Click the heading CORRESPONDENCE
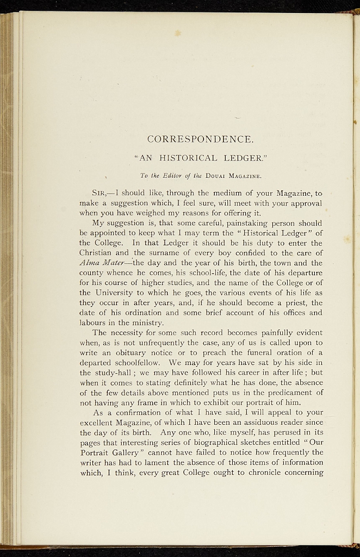tap(201, 139)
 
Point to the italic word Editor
tap(163, 176)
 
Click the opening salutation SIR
tap(102, 193)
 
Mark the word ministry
tap(140, 322)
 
